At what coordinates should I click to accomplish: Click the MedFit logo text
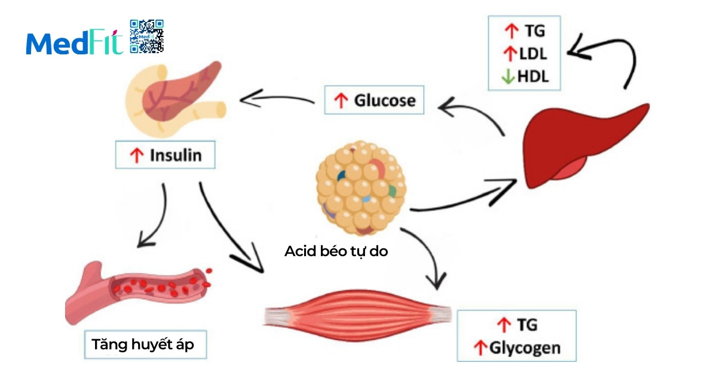(74, 44)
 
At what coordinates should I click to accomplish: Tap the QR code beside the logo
(146, 36)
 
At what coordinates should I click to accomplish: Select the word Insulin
(175, 156)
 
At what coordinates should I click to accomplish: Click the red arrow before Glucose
(341, 101)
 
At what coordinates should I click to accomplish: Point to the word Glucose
(384, 100)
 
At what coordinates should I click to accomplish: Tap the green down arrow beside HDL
(508, 77)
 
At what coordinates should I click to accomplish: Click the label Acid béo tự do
(336, 251)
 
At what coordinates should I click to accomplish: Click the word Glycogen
(525, 348)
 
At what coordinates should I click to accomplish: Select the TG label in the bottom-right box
(525, 325)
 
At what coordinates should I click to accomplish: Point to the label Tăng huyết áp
(143, 345)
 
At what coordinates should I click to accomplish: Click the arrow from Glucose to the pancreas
(278, 99)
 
